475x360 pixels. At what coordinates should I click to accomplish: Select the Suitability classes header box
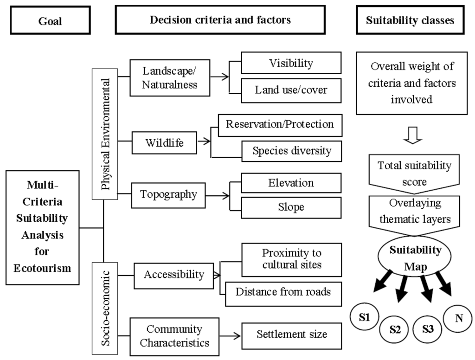click(x=410, y=20)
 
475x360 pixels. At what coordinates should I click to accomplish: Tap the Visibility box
click(x=291, y=64)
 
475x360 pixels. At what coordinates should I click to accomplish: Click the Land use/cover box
click(x=291, y=90)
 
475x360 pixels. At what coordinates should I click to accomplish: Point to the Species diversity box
click(x=292, y=150)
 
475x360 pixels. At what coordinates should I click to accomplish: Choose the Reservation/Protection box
click(x=280, y=124)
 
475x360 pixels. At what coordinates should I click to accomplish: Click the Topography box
click(x=168, y=194)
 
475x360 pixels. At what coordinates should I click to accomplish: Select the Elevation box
click(x=291, y=183)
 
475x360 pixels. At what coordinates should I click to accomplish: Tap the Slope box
click(x=291, y=207)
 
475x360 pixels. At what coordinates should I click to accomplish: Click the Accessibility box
click(x=173, y=275)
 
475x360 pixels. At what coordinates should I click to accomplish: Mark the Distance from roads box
click(x=283, y=293)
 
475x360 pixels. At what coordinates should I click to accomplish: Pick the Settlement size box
click(x=291, y=334)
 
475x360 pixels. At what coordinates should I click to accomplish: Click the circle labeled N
click(x=458, y=318)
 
